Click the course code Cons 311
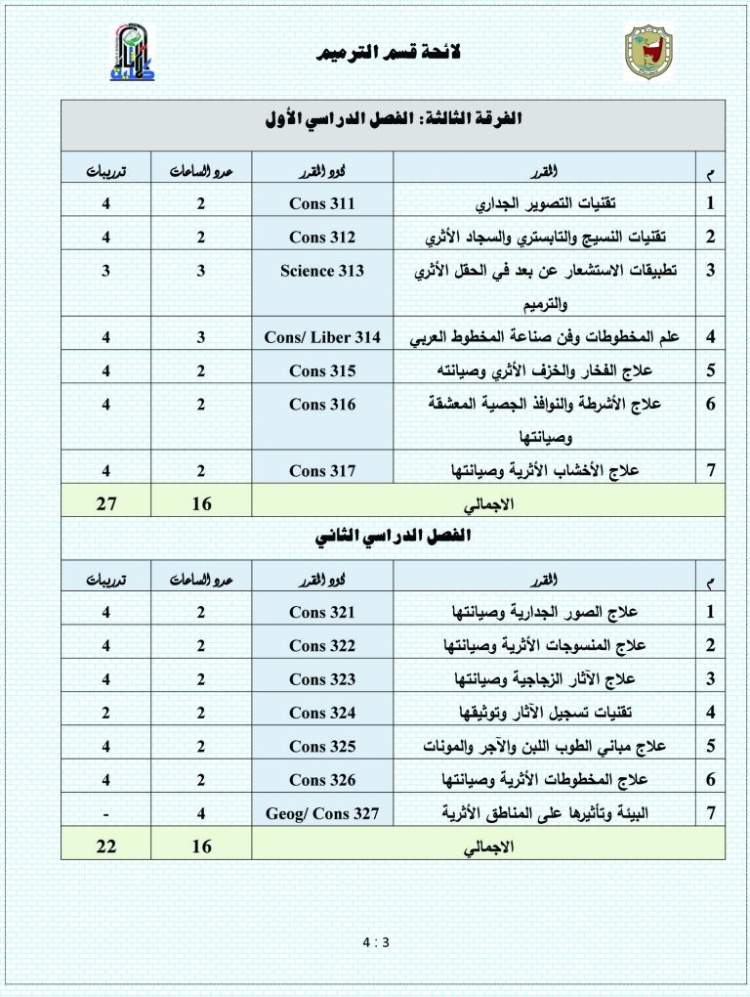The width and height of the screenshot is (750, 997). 322,204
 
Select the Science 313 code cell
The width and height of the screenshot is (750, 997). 322,271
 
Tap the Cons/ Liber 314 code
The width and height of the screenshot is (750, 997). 322,337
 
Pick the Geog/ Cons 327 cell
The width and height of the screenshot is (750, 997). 322,812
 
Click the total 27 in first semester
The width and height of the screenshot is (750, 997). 105,503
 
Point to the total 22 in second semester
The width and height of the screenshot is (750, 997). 105,846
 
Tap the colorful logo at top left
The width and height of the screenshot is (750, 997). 130,54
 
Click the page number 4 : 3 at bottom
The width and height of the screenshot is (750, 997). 375,942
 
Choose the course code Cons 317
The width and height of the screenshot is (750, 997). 322,470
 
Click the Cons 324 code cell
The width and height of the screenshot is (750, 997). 322,713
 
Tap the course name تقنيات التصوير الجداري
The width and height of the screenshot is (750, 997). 558,204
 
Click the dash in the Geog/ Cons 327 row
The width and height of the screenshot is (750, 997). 105,812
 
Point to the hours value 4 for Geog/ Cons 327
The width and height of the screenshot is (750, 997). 200,812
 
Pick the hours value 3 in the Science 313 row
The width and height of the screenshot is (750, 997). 200,271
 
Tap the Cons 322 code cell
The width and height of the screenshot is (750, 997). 322,646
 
